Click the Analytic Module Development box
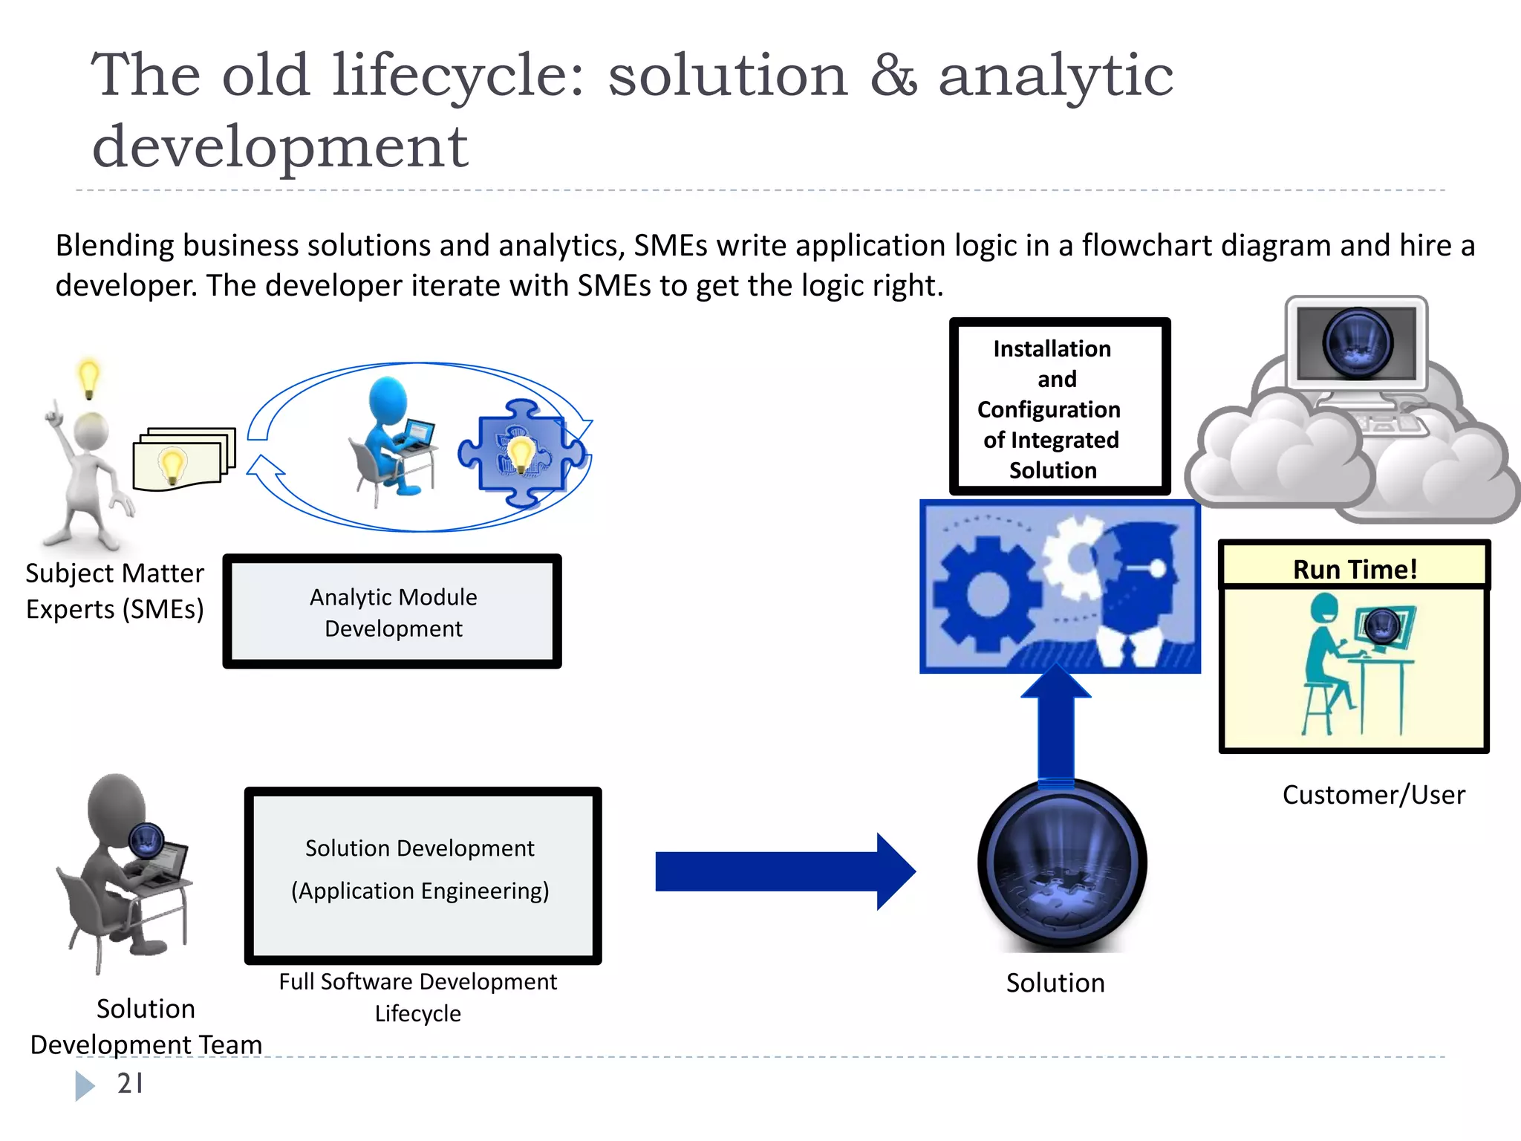click(x=392, y=611)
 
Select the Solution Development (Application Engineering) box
click(x=423, y=875)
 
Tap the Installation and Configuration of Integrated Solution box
click(x=1059, y=407)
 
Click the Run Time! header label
click(x=1355, y=569)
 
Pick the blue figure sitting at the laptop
click(x=392, y=438)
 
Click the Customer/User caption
click(x=1373, y=795)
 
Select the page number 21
click(x=130, y=1084)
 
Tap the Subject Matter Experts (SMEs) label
click(x=114, y=591)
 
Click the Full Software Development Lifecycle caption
click(x=417, y=997)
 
